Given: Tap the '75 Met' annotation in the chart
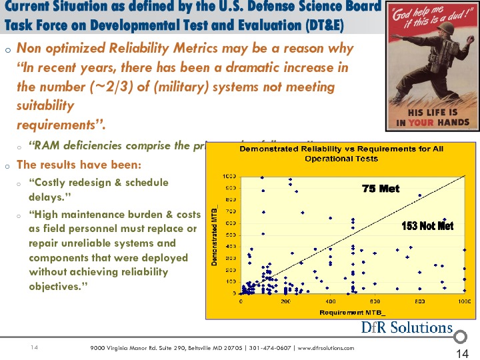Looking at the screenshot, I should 381,189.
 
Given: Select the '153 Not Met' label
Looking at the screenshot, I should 427,226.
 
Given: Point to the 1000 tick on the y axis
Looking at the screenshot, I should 229,177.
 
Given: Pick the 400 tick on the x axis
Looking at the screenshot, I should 330,301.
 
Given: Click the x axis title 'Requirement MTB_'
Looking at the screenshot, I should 352,312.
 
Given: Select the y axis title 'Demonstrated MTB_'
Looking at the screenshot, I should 215,235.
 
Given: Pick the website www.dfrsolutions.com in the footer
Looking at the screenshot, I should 325,348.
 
